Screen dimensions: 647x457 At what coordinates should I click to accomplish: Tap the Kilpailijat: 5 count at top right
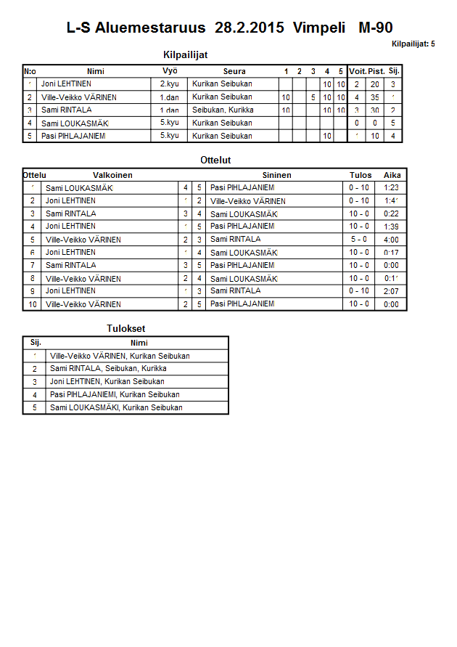413,44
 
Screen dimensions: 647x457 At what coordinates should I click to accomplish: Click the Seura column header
234,71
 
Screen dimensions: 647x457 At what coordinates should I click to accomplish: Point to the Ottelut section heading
215,160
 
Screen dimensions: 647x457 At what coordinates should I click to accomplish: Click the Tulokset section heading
126,328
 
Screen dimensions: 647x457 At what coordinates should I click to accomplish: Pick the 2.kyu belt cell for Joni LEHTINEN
170,84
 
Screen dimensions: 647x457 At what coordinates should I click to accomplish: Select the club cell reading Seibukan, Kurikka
223,110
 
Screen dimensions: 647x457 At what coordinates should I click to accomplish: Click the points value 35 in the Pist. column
375,97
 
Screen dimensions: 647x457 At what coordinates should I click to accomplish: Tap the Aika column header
392,175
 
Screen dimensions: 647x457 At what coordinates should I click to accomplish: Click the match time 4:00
391,239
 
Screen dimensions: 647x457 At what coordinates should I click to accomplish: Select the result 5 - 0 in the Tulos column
359,239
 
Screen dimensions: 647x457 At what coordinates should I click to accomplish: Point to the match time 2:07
391,290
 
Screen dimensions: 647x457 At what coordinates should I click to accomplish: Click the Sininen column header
276,175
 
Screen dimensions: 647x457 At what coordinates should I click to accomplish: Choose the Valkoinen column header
112,175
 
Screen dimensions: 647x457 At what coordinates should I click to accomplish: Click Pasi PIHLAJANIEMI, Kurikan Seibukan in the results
115,394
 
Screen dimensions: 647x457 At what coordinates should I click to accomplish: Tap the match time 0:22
391,213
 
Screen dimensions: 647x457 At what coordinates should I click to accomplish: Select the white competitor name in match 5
83,240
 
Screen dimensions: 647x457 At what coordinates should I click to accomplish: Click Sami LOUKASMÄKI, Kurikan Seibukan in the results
116,407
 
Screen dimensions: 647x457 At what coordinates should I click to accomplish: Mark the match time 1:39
391,227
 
